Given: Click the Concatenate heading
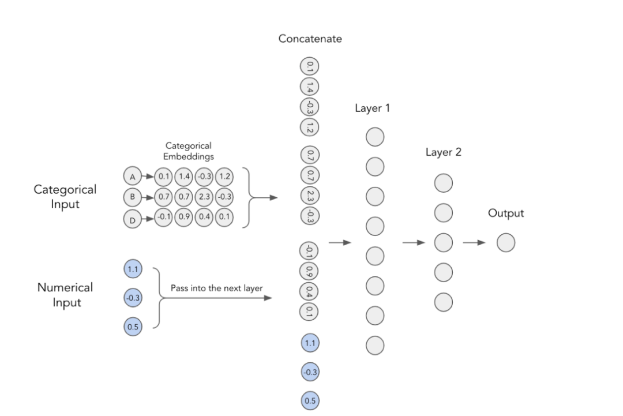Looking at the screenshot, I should [310, 39].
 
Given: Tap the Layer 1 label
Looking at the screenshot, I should [372, 108].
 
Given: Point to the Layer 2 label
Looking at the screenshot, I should [443, 152].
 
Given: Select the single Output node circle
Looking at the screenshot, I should [505, 242].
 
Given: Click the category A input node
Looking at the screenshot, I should [132, 175].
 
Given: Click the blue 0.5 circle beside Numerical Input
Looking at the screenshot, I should [133, 327].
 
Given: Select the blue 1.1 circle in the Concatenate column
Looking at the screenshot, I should [310, 343].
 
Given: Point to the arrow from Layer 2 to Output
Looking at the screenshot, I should [474, 242].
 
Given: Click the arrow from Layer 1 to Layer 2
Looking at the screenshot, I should [413, 242].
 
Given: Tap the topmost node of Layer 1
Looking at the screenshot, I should [375, 137].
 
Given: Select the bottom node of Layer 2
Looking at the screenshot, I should [443, 302].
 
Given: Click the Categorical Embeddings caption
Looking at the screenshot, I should [189, 151].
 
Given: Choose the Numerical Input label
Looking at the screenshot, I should [65, 294].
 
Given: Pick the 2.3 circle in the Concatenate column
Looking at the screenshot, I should [310, 196].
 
